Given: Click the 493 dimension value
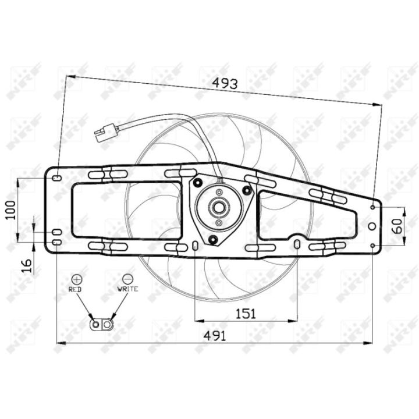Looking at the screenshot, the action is [x=225, y=84].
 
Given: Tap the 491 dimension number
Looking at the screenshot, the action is [x=215, y=336].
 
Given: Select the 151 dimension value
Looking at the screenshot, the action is [x=246, y=314].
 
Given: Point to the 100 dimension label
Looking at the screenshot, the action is [x=11, y=210].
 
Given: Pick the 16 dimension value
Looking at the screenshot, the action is [x=27, y=266].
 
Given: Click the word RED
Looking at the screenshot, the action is [x=75, y=289].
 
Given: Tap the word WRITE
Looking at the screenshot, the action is [x=127, y=289].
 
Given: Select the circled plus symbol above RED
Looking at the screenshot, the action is [x=77, y=279].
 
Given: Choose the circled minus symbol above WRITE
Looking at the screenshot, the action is [x=127, y=279].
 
